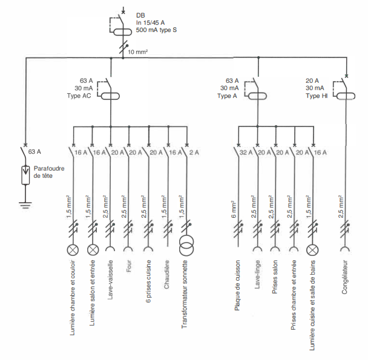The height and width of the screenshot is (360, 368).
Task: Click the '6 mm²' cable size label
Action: click(x=232, y=206)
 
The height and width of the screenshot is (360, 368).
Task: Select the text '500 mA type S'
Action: click(x=156, y=30)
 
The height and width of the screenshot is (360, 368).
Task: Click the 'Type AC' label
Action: click(x=83, y=96)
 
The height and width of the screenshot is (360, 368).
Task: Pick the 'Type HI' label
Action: click(x=317, y=96)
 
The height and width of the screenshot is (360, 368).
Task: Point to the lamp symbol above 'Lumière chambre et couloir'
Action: click(x=74, y=249)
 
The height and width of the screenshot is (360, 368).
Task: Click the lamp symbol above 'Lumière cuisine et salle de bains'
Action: click(x=313, y=249)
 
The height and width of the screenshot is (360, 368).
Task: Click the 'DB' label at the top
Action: click(x=140, y=14)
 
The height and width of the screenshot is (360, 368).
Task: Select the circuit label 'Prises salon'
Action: click(x=275, y=278)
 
